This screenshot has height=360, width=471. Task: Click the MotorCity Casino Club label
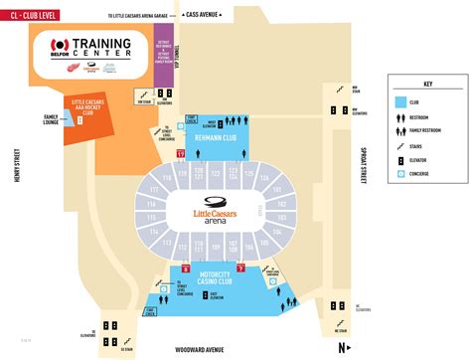tap(209, 276)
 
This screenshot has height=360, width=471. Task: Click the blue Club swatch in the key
tap(398, 101)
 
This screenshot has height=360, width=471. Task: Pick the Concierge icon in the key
tap(398, 173)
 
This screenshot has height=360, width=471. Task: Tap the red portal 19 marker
tap(180, 155)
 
